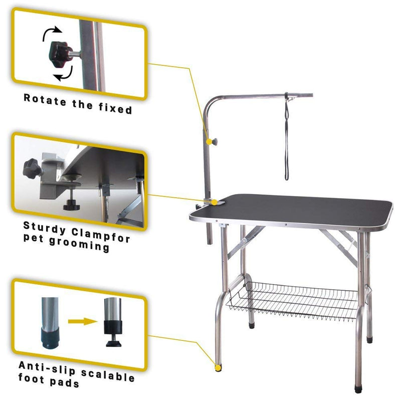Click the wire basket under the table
[x=296, y=301]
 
